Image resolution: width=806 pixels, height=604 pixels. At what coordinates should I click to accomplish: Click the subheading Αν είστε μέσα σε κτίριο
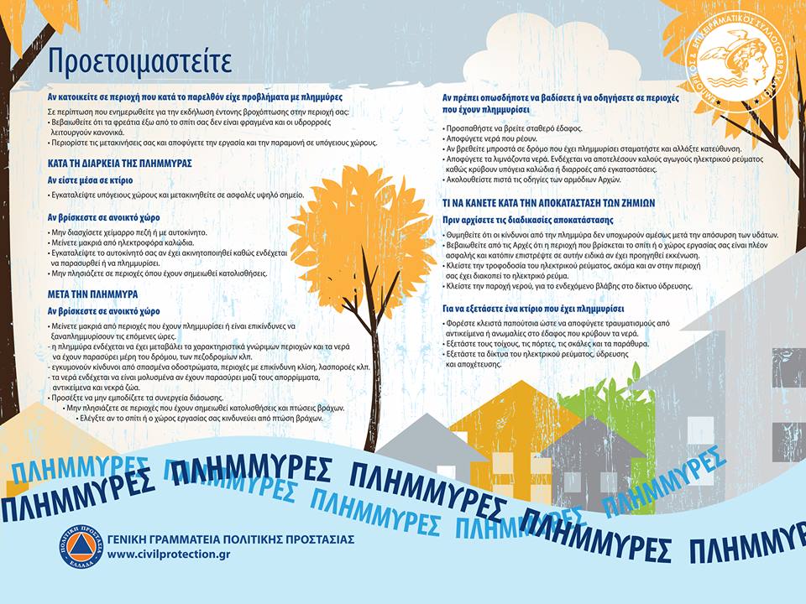click(90, 180)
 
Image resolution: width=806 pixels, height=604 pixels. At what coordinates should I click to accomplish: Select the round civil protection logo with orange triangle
click(81, 546)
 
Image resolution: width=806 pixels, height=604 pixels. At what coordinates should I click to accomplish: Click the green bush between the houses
click(613, 411)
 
